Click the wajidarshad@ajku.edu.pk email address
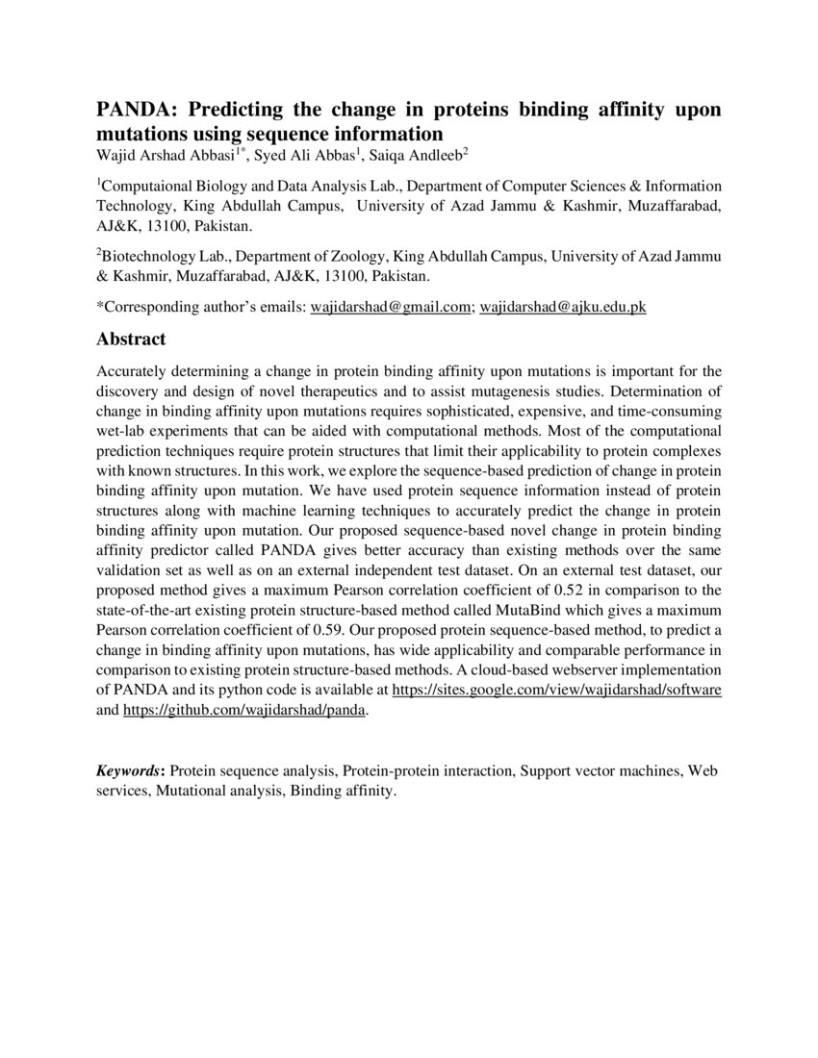click(x=562, y=308)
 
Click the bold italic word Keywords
click(x=129, y=770)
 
